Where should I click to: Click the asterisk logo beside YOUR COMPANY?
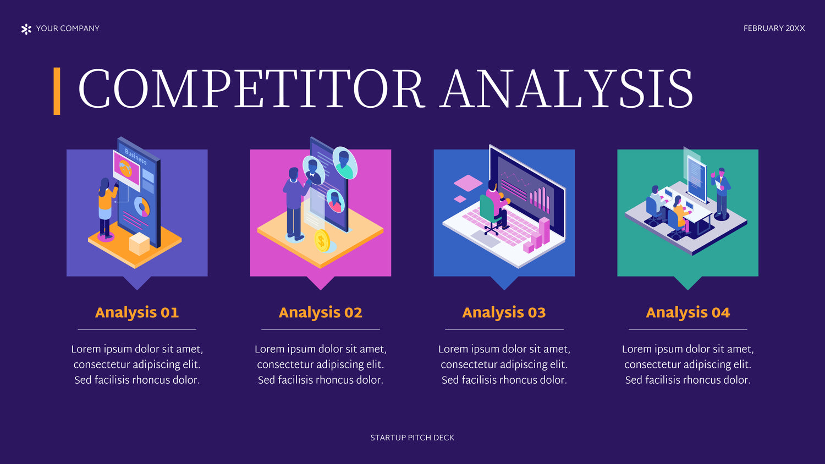point(26,29)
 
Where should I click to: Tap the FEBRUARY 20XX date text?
point(774,29)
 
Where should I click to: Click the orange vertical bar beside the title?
point(57,91)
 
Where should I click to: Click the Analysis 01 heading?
point(137,313)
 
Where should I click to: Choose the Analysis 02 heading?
point(321,313)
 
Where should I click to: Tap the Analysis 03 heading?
point(504,313)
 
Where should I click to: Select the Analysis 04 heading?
point(687,313)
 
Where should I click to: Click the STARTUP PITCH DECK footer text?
point(412,438)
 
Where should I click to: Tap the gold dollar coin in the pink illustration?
point(322,241)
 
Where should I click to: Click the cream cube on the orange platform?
point(139,244)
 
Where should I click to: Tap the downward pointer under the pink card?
point(321,283)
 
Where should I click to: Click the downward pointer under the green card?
point(687,283)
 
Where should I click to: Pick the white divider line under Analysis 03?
point(504,329)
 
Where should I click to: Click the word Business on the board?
point(135,156)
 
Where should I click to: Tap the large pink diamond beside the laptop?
point(468,183)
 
